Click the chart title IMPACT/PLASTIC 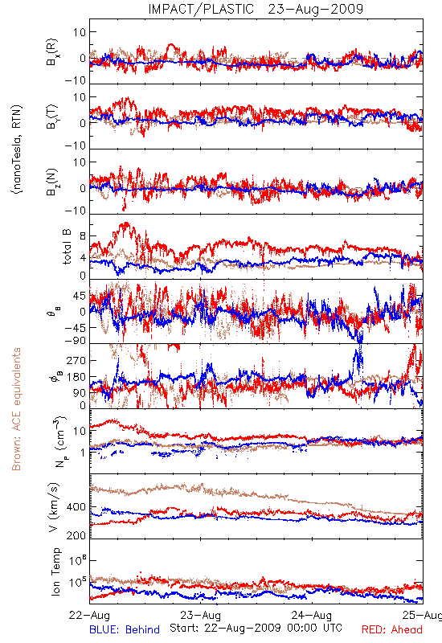(x=201, y=9)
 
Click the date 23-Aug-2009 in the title (x=316, y=9)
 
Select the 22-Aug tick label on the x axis (x=89, y=615)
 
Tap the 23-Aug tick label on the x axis (x=200, y=615)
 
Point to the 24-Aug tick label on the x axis (x=312, y=615)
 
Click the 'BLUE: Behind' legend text (x=125, y=629)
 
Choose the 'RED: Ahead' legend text (x=391, y=629)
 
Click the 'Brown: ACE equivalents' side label (x=16, y=409)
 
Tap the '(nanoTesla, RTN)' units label (x=17, y=149)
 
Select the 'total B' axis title (x=67, y=247)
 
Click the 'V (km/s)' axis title (x=54, y=507)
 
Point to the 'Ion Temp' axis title (x=55, y=571)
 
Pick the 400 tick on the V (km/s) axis (x=76, y=507)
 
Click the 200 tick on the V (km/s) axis (x=76, y=535)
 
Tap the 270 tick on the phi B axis (x=76, y=360)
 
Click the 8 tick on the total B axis (x=84, y=236)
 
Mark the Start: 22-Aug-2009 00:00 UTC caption (x=256, y=628)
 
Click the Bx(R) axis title (x=52, y=52)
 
